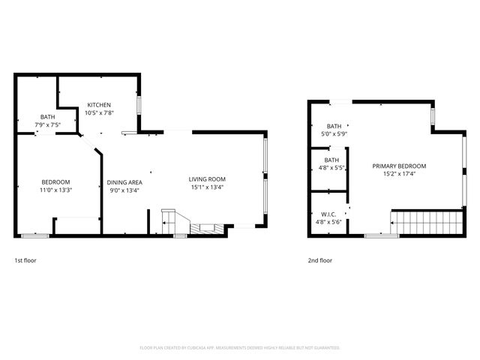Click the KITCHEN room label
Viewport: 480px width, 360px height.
pyautogui.click(x=99, y=105)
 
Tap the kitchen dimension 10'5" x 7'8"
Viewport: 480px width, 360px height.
pyautogui.click(x=99, y=113)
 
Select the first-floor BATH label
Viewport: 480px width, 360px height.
pyautogui.click(x=47, y=117)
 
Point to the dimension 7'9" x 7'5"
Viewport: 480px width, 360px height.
pyautogui.click(x=47, y=124)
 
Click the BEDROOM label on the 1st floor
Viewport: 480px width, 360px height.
pyautogui.click(x=55, y=182)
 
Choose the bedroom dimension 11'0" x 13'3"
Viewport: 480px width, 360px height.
pyautogui.click(x=55, y=190)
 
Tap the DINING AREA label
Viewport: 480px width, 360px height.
pyautogui.click(x=124, y=182)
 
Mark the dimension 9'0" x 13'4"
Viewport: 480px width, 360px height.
pyautogui.click(x=124, y=190)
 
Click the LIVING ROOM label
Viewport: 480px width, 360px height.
pyautogui.click(x=207, y=179)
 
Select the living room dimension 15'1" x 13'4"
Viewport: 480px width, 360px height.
pyautogui.click(x=207, y=187)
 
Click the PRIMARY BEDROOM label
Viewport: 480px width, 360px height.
pyautogui.click(x=399, y=166)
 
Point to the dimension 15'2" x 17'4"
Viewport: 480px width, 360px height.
pyautogui.click(x=399, y=175)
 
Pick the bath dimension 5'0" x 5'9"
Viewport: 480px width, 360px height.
pyautogui.click(x=334, y=134)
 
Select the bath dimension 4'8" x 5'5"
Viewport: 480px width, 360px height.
pyautogui.click(x=331, y=169)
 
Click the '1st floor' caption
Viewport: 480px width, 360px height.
pyautogui.click(x=25, y=260)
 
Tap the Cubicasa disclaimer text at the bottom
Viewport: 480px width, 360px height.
pyautogui.click(x=240, y=348)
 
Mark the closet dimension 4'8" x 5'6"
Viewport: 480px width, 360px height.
pyautogui.click(x=328, y=223)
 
